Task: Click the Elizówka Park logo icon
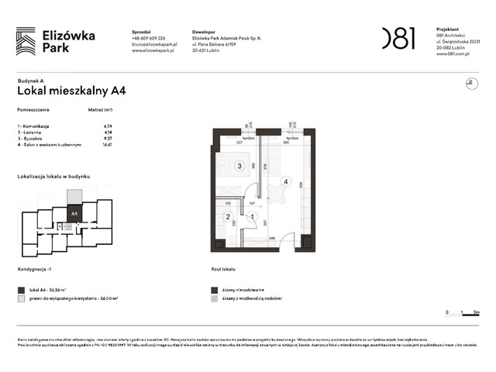tap(26, 41)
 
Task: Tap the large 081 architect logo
tap(398, 38)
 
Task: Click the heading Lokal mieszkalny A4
tap(72, 90)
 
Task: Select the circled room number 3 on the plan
tap(239, 166)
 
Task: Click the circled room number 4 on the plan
tap(286, 182)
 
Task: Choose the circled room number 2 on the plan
tap(228, 217)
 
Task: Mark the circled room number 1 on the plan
tap(250, 217)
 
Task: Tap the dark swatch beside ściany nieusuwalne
tap(212, 289)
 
